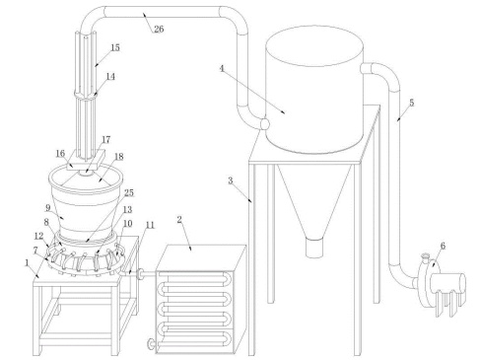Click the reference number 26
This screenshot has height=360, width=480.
159,29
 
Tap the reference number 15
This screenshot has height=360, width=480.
115,47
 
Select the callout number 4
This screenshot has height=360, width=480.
222,68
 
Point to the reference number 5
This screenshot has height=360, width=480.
412,103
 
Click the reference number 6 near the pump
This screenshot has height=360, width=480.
443,246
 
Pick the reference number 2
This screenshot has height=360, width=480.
179,220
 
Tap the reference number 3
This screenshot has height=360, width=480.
231,180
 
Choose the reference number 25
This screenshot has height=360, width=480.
129,192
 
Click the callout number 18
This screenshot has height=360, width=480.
119,157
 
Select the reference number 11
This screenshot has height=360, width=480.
150,225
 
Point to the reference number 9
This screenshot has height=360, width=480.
48,208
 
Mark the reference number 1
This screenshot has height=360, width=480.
27,263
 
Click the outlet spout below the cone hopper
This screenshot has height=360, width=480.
314,248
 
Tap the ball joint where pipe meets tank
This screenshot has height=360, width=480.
265,124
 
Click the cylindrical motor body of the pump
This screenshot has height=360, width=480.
448,285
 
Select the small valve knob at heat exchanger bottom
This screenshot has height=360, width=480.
151,344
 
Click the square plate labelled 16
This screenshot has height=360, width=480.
86,160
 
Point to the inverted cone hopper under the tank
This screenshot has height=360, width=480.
314,201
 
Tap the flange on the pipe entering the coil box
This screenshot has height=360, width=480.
140,274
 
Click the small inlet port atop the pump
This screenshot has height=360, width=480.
426,256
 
